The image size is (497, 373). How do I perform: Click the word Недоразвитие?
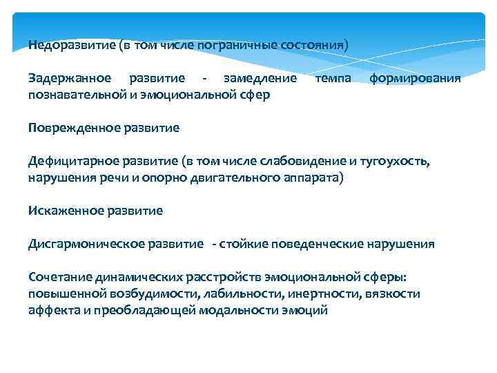(72, 45)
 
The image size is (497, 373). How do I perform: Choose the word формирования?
(416, 79)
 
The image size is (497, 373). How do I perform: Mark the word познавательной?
(77, 94)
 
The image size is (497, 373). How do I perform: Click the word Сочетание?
(58, 278)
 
